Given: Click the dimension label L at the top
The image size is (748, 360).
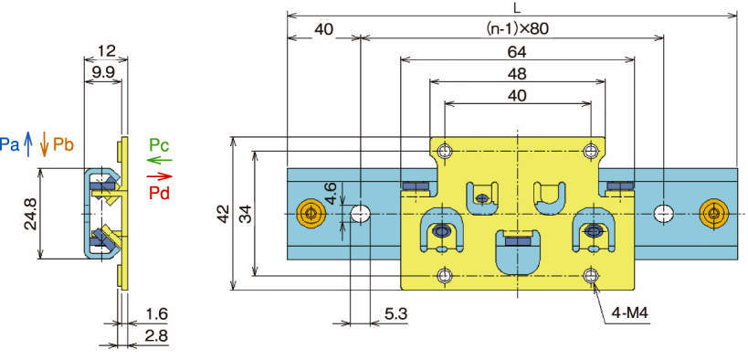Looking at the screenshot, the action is point(518,7).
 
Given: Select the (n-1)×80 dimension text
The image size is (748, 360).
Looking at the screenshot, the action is point(517,29).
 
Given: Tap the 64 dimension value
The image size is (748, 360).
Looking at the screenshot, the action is point(517,52).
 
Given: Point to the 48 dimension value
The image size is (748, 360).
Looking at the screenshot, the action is point(517,74).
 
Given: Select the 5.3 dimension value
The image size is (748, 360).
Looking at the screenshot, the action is point(396,314).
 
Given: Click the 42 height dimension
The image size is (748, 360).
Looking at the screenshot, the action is point(223,215).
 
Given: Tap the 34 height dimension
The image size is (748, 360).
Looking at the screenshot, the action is point(246,215).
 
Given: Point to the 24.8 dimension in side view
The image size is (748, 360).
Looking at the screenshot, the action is point(31,214).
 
